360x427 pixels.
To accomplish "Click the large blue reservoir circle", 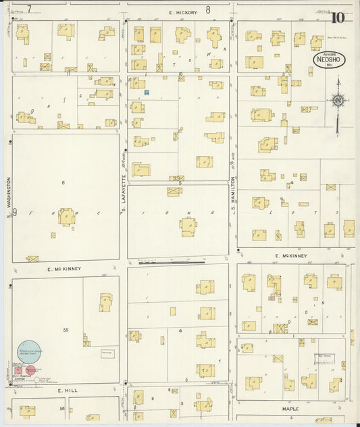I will coord(28,351).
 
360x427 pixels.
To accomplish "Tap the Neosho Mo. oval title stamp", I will coord(329,59).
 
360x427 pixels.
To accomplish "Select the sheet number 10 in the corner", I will coord(337,18).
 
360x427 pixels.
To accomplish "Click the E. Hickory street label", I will coord(182,11).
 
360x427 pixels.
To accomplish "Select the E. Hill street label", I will coord(68,391).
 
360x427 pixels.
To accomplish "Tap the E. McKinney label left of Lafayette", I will coord(64,269).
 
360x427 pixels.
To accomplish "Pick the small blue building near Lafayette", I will coord(145,91).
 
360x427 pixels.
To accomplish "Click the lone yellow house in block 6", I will coord(66,216).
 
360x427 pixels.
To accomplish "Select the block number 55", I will coord(66,329).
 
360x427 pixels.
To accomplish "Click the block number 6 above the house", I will coord(63,182).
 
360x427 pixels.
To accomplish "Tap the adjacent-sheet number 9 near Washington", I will coord(14,212).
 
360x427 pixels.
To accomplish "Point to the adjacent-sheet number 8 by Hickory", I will coord(208,9).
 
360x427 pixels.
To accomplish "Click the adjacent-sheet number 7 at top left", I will coord(29,9).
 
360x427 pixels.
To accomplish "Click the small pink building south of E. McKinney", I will coord(272,297).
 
